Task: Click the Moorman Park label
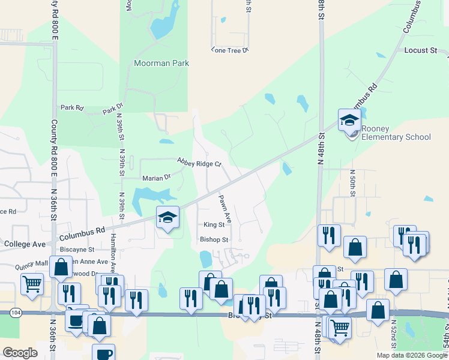coord(161,63)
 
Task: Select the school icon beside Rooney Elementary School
coord(349,121)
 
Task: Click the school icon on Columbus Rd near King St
coord(167,218)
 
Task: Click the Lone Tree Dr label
coord(229,50)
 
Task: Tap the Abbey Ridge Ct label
coord(199,162)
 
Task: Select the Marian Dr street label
coord(156,178)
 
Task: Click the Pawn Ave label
coord(224,208)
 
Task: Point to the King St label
coord(214,225)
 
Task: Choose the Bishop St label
coord(214,239)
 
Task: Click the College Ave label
coord(25,244)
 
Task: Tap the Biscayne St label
coord(77,249)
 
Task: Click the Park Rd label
coord(71,108)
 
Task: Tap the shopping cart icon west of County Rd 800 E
coord(32,283)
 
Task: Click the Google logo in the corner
coord(20,353)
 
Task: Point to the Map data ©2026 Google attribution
coord(411,355)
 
